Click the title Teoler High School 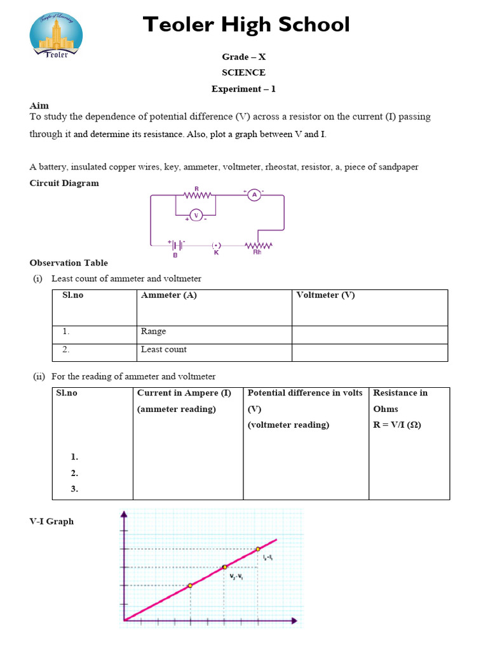click(246, 25)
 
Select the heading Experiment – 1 click(243, 89)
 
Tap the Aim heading click(39, 105)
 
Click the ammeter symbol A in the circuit click(254, 196)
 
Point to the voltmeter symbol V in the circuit click(196, 215)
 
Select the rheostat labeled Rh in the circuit click(259, 245)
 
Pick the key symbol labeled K click(216, 245)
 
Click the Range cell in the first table click(153, 331)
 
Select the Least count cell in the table click(164, 350)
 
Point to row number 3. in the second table click(75, 489)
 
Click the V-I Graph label click(51, 521)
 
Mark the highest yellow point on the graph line click(258, 549)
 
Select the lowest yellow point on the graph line click(190, 585)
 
